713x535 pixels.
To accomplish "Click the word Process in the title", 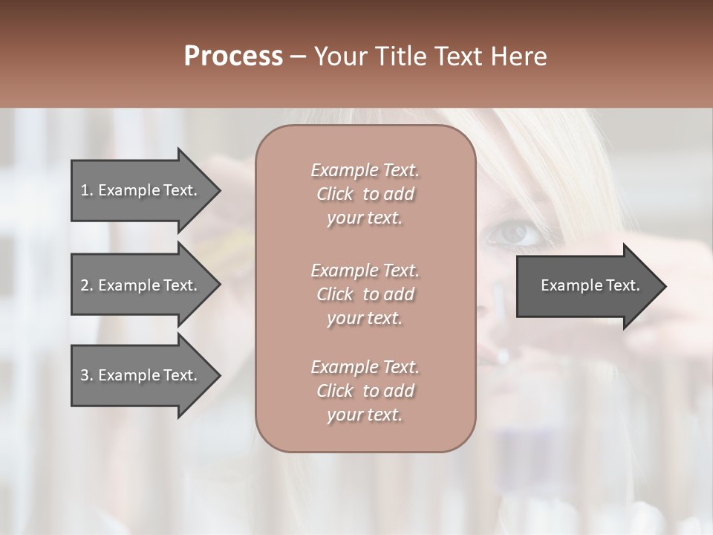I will (233, 56).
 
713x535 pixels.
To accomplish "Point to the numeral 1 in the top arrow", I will (85, 190).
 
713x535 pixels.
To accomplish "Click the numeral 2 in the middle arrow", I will (85, 285).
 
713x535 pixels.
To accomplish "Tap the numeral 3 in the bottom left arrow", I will (85, 375).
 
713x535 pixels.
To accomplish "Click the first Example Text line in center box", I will (365, 170).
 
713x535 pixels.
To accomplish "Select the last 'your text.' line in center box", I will (365, 415).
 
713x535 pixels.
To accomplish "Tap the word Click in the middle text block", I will (335, 294).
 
